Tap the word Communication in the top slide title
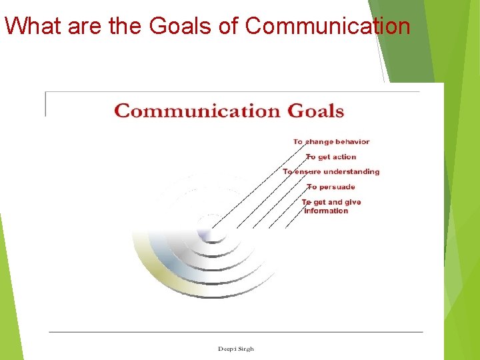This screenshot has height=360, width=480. (327, 25)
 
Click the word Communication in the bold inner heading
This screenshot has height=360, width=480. (198, 111)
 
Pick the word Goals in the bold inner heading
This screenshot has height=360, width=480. (315, 111)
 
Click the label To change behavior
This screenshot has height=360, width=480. (331, 141)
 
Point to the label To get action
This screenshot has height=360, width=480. (331, 157)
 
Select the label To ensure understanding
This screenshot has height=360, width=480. (331, 171)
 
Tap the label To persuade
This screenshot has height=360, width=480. (331, 187)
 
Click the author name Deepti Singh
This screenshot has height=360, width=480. (235, 349)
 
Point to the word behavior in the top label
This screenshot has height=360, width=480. (352, 141)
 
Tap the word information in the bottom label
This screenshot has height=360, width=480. (326, 211)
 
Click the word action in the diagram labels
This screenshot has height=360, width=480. (344, 157)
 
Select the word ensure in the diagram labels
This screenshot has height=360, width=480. (307, 171)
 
